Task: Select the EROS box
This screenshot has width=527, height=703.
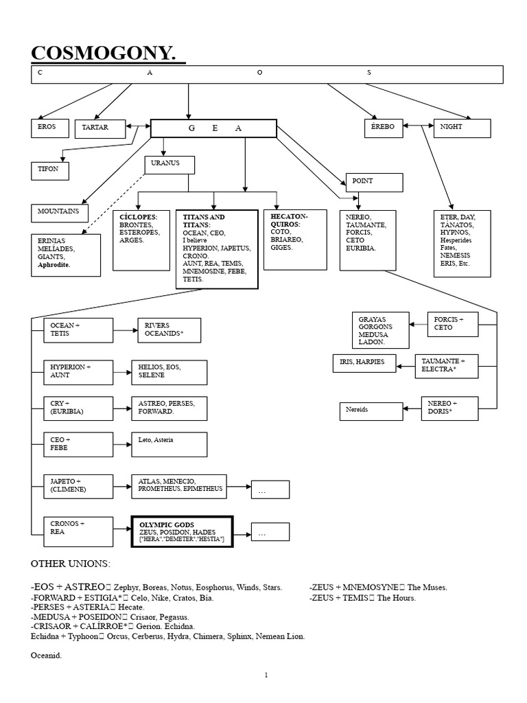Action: (x=50, y=128)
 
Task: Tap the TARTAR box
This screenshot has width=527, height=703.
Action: (x=100, y=128)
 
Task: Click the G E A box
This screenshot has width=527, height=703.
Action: (x=213, y=128)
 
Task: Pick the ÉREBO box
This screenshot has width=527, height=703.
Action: (x=384, y=128)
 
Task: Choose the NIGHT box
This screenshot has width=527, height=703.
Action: (x=462, y=128)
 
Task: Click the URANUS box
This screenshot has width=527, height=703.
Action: (x=169, y=165)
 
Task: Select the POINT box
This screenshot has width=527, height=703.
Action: (x=374, y=182)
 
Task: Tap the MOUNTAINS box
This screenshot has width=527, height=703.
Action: (x=60, y=213)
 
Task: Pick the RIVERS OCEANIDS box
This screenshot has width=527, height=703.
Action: (x=169, y=330)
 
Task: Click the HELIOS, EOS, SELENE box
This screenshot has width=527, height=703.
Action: (x=169, y=371)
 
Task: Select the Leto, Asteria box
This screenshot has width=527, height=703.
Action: (x=169, y=443)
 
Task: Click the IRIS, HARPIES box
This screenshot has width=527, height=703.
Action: (x=364, y=362)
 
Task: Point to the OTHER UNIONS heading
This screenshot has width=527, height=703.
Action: (x=70, y=564)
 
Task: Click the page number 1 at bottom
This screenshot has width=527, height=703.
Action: (x=267, y=676)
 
